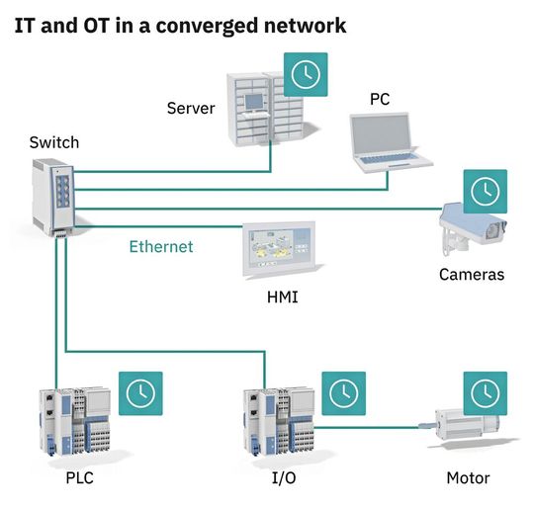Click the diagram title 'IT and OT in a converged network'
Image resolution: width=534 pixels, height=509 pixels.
pyautogui.click(x=180, y=25)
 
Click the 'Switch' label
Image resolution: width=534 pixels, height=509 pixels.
pyautogui.click(x=54, y=142)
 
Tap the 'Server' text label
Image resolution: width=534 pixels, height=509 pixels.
pyautogui.click(x=191, y=107)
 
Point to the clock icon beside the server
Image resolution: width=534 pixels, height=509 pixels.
pyautogui.click(x=306, y=74)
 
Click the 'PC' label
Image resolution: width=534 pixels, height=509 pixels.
pyautogui.click(x=380, y=100)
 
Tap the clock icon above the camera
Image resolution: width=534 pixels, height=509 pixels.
pyautogui.click(x=485, y=191)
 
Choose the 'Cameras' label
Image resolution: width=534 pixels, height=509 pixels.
pyautogui.click(x=472, y=275)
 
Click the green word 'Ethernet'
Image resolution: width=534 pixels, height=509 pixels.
pyautogui.click(x=161, y=246)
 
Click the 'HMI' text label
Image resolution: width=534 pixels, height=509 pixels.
pyautogui.click(x=282, y=297)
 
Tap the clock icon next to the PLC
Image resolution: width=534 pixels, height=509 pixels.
pyautogui.click(x=139, y=392)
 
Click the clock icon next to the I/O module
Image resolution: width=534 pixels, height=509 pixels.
pyautogui.click(x=343, y=392)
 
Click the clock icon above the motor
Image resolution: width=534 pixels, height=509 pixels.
pyautogui.click(x=485, y=392)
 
